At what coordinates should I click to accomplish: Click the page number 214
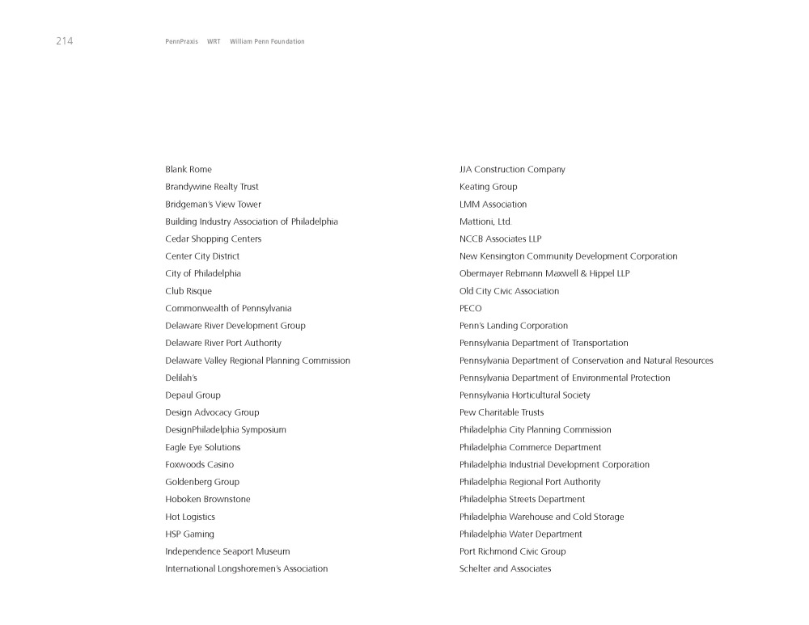[x=64, y=41]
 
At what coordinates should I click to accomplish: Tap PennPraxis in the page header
[x=181, y=41]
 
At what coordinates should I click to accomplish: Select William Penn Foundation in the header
[x=267, y=41]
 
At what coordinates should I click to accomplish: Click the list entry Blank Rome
[x=188, y=170]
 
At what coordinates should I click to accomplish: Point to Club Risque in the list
[x=188, y=291]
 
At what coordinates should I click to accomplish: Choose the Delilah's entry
[x=181, y=378]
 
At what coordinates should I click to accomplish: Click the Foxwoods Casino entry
[x=199, y=465]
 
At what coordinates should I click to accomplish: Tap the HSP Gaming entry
[x=189, y=534]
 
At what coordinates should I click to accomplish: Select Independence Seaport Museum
[x=227, y=551]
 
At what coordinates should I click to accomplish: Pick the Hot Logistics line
[x=190, y=517]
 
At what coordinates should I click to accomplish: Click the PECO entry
[x=470, y=309]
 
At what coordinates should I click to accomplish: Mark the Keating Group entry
[x=488, y=187]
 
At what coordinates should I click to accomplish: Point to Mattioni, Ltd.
[x=485, y=222]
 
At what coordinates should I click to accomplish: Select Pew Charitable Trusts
[x=502, y=412]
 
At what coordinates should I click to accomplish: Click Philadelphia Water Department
[x=520, y=534]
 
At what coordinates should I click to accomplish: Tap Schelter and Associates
[x=505, y=569]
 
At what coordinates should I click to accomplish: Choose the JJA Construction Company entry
[x=512, y=170]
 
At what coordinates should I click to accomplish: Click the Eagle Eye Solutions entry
[x=202, y=447]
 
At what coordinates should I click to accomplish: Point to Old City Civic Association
[x=509, y=291]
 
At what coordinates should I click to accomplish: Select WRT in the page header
[x=214, y=41]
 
